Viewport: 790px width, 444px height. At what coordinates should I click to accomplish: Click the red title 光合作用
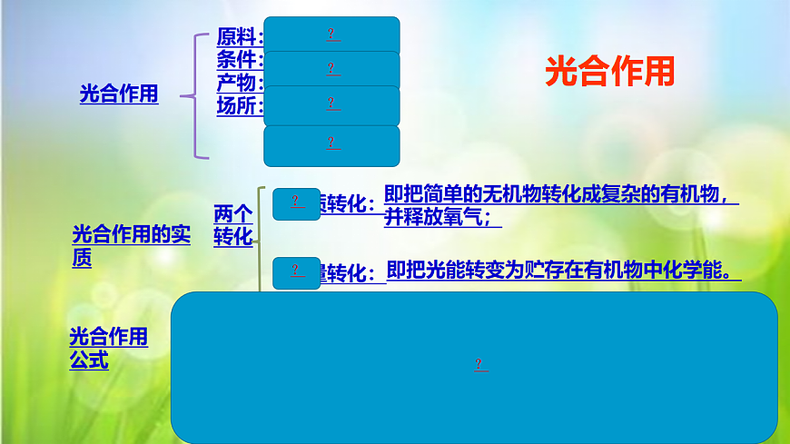tap(610, 71)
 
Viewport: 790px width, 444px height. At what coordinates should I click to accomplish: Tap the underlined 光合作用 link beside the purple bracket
tap(119, 94)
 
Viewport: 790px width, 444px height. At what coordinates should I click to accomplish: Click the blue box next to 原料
tap(331, 35)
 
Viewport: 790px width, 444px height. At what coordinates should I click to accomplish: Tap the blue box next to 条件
tap(331, 69)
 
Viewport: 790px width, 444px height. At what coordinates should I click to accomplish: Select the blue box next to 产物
tap(331, 104)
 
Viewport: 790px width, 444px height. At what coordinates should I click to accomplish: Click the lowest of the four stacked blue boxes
tap(331, 144)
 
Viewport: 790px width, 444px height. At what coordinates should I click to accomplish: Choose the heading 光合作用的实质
tap(131, 245)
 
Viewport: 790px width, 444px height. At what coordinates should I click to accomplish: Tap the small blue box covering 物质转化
tap(296, 203)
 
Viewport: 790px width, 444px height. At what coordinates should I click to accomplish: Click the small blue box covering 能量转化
tap(296, 271)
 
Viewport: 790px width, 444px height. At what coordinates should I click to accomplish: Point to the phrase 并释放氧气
tap(442, 218)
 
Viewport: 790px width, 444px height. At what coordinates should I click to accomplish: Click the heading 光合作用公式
tap(108, 349)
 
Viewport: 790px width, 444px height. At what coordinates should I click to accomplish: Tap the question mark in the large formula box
tap(479, 365)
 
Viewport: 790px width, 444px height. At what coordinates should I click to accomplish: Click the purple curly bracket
tap(194, 95)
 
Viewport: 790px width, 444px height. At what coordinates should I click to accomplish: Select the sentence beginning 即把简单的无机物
tap(556, 195)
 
